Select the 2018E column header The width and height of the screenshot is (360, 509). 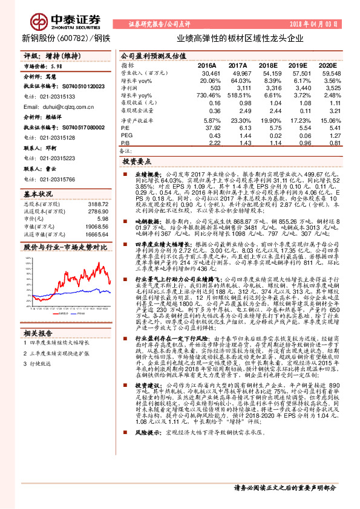(x=267, y=65)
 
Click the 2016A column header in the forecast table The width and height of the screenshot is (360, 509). (x=208, y=65)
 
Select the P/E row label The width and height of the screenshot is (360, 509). (x=125, y=128)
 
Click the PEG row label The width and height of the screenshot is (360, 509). (x=127, y=135)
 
